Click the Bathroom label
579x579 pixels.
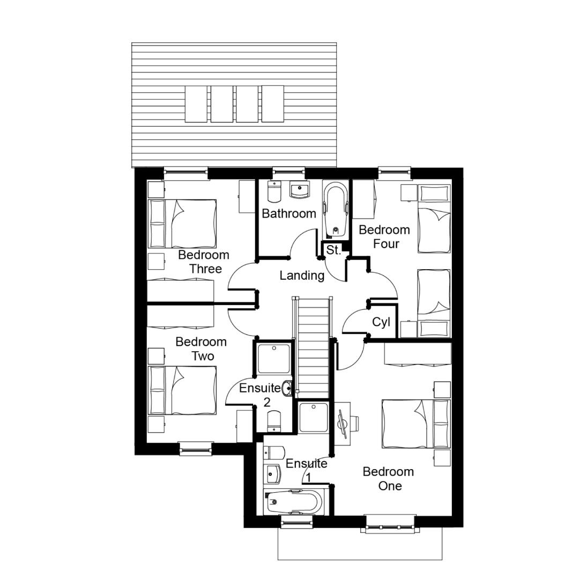[x=289, y=213]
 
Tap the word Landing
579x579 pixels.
[x=302, y=276]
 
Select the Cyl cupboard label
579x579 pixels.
[x=381, y=322]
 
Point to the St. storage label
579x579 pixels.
[x=333, y=250]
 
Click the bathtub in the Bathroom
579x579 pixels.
[x=336, y=210]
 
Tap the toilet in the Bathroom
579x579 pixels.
[x=274, y=191]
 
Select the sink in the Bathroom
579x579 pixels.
[x=299, y=190]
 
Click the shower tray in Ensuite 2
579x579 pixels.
[x=273, y=359]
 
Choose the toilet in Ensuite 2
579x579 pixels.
[x=273, y=421]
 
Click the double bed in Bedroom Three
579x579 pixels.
[x=182, y=224]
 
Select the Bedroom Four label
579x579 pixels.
[x=384, y=237]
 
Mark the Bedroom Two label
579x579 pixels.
[x=201, y=349]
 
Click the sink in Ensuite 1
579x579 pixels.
[x=272, y=474]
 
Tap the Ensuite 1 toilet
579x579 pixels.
[x=274, y=452]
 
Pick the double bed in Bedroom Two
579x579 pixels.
[x=182, y=390]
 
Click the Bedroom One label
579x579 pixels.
[x=389, y=479]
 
